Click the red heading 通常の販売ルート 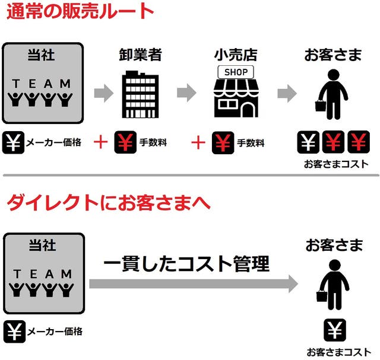80,11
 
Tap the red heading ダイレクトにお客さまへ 109,202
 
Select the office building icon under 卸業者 140,94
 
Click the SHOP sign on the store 236,72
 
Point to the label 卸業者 140,55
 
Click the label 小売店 236,55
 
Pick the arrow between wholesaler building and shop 186,93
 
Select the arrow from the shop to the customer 287,93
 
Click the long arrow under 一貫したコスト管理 194,283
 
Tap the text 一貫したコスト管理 186,263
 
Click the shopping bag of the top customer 321,106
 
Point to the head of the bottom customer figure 335,266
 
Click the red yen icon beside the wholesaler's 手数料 125,142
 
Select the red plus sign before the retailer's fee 198,142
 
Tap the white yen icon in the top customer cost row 308,142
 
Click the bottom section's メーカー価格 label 55,332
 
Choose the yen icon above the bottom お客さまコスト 335,330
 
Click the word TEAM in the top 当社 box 42,84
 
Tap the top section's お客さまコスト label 337,164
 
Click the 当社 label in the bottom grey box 43,246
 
